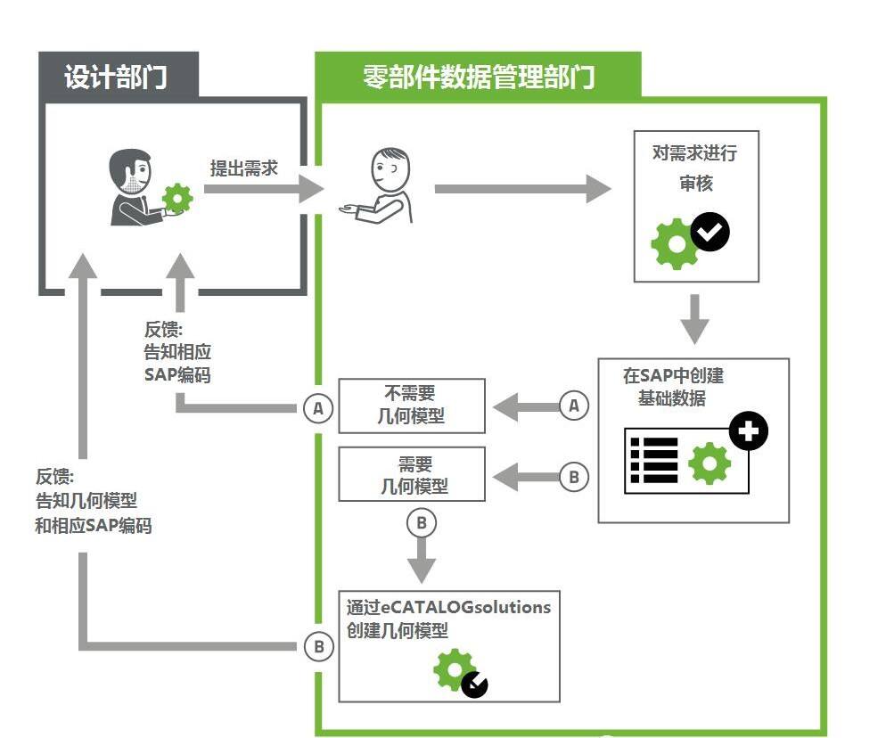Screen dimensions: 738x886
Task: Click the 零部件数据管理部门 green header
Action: point(479,76)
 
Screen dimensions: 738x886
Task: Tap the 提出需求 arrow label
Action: point(243,168)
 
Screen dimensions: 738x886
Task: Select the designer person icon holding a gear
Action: point(143,187)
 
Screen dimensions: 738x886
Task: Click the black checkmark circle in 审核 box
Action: point(710,233)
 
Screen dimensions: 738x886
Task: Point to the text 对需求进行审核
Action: point(695,167)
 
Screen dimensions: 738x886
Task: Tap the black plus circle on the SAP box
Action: point(748,431)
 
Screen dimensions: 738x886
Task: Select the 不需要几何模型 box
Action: point(412,406)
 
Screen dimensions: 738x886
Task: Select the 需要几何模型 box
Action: point(412,474)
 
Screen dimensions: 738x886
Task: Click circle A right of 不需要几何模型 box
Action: point(574,406)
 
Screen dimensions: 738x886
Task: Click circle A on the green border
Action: point(317,409)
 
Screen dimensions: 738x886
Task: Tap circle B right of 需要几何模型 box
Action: point(574,477)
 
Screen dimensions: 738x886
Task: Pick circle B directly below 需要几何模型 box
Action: point(422,523)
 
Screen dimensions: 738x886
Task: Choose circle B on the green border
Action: point(318,646)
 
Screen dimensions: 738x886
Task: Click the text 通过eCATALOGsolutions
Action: point(448,608)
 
